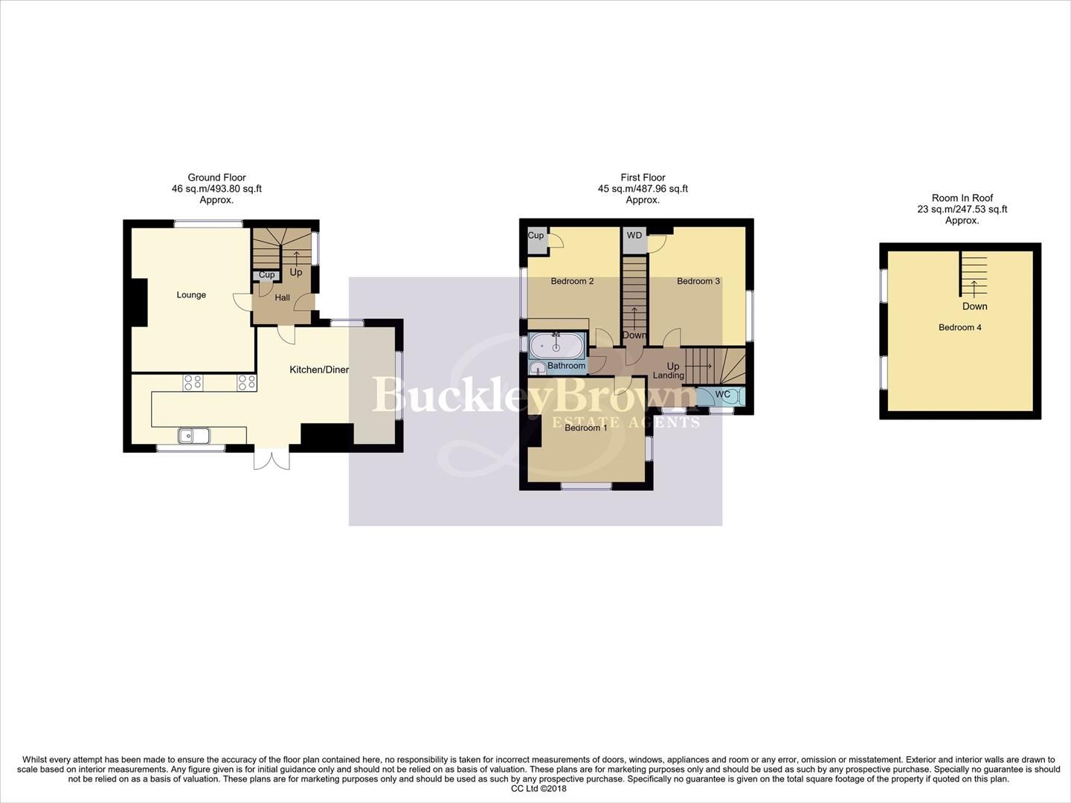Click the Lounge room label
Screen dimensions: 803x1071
(x=191, y=295)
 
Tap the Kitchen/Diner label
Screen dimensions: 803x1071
(x=318, y=370)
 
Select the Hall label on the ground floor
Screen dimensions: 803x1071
(x=282, y=298)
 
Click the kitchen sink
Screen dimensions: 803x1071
(x=194, y=436)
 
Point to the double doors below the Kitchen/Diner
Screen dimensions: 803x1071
(x=269, y=459)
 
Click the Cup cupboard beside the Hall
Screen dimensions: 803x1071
(x=266, y=275)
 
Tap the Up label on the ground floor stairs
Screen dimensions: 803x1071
(x=296, y=272)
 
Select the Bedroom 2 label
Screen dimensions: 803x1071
(x=572, y=281)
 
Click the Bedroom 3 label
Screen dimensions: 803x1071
(x=698, y=281)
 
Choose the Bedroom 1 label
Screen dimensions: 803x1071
(x=585, y=428)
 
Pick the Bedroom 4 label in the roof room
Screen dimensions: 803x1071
(x=959, y=327)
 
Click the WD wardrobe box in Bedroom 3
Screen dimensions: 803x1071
(x=634, y=236)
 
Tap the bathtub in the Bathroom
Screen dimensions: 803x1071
(x=558, y=346)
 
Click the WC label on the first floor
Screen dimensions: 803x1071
(x=722, y=395)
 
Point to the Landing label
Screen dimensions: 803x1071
(x=668, y=375)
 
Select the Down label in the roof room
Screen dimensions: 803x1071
(x=974, y=306)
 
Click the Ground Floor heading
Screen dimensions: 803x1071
(x=216, y=178)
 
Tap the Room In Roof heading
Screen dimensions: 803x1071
(x=962, y=199)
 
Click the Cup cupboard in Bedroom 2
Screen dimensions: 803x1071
(x=535, y=236)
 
